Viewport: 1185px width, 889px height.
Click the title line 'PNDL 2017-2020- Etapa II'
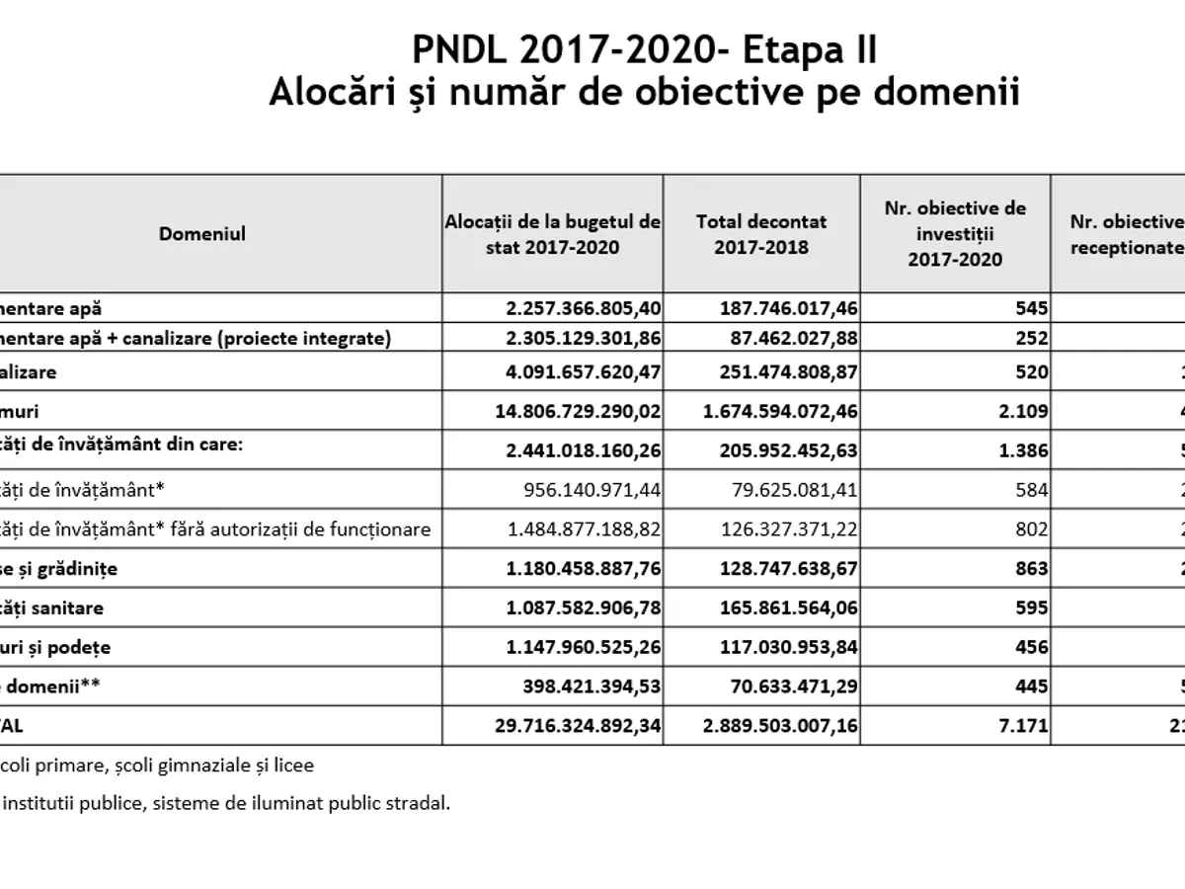click(x=643, y=50)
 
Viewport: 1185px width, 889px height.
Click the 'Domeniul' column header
click(x=202, y=234)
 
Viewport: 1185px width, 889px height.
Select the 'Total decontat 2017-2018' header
click(x=761, y=234)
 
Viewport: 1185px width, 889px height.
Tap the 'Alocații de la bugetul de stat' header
click(x=553, y=234)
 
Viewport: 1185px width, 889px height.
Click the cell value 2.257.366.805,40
click(x=584, y=308)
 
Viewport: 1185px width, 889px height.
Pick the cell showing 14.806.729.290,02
click(x=577, y=410)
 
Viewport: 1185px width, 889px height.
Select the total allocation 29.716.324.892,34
click(x=577, y=725)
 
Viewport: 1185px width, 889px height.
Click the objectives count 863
click(x=1031, y=569)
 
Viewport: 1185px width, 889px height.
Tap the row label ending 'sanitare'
click(x=53, y=607)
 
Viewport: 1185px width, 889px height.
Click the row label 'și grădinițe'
click(x=68, y=569)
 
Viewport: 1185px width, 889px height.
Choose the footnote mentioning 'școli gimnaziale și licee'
click(x=158, y=765)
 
